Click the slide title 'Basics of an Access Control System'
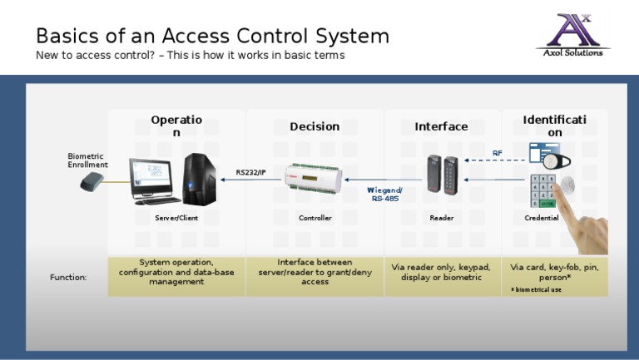[212, 36]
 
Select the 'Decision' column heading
[315, 126]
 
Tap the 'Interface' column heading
[441, 126]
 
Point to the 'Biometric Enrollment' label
[87, 160]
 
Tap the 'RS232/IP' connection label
[250, 172]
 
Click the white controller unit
[313, 180]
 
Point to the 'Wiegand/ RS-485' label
[384, 195]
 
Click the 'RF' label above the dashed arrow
[498, 153]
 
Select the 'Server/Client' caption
[176, 218]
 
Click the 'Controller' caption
[315, 218]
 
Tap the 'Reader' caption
[442, 218]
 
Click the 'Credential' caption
[542, 218]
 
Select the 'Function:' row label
[68, 277]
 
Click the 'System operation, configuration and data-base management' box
[176, 273]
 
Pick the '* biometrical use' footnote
[536, 289]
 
